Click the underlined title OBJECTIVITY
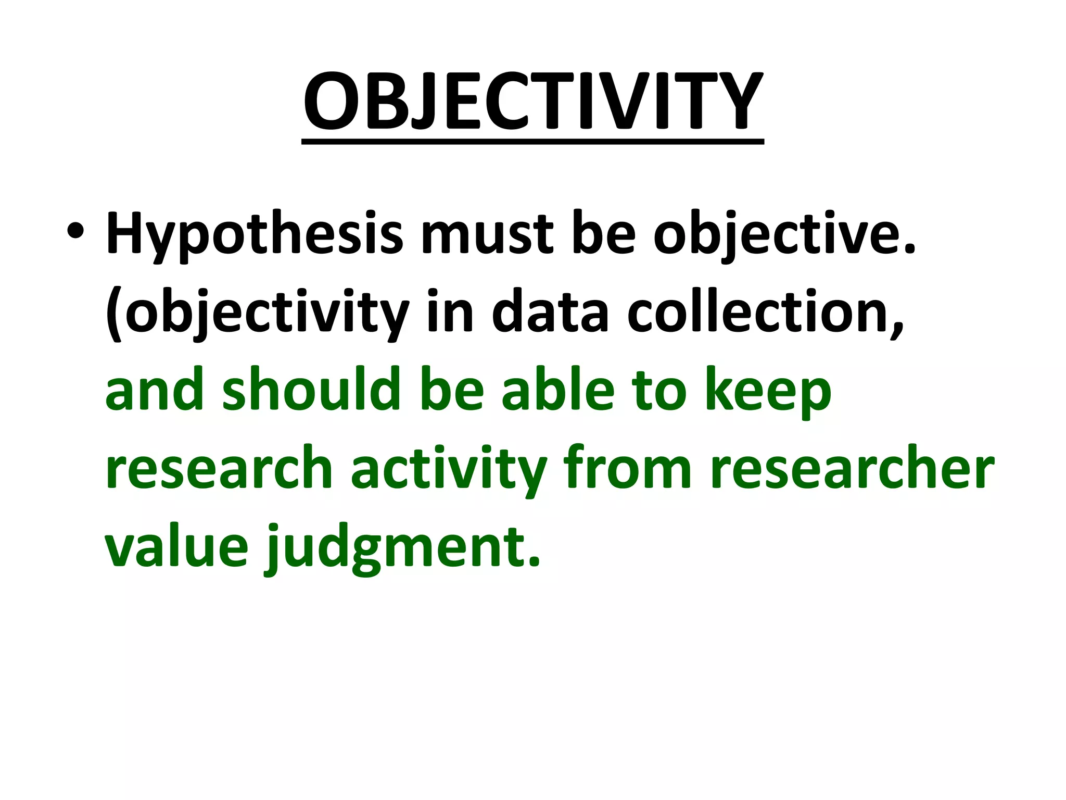(532, 102)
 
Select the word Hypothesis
(255, 234)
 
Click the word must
(487, 234)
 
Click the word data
(550, 312)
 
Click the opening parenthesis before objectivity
(113, 315)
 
